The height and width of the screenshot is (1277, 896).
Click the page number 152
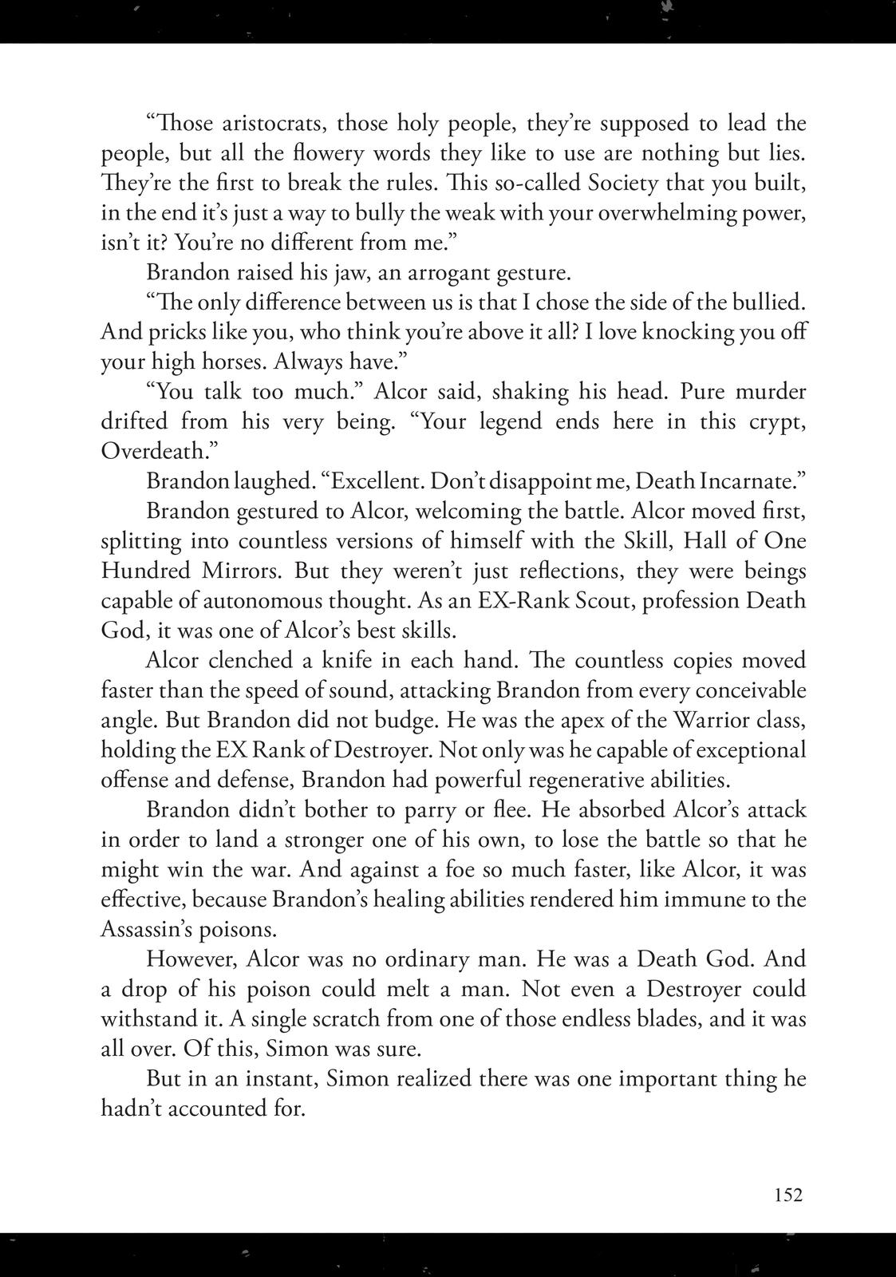787,1195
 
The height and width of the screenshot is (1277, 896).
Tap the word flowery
345,153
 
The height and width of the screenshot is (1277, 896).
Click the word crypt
772,421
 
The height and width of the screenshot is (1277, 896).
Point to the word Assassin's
151,930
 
